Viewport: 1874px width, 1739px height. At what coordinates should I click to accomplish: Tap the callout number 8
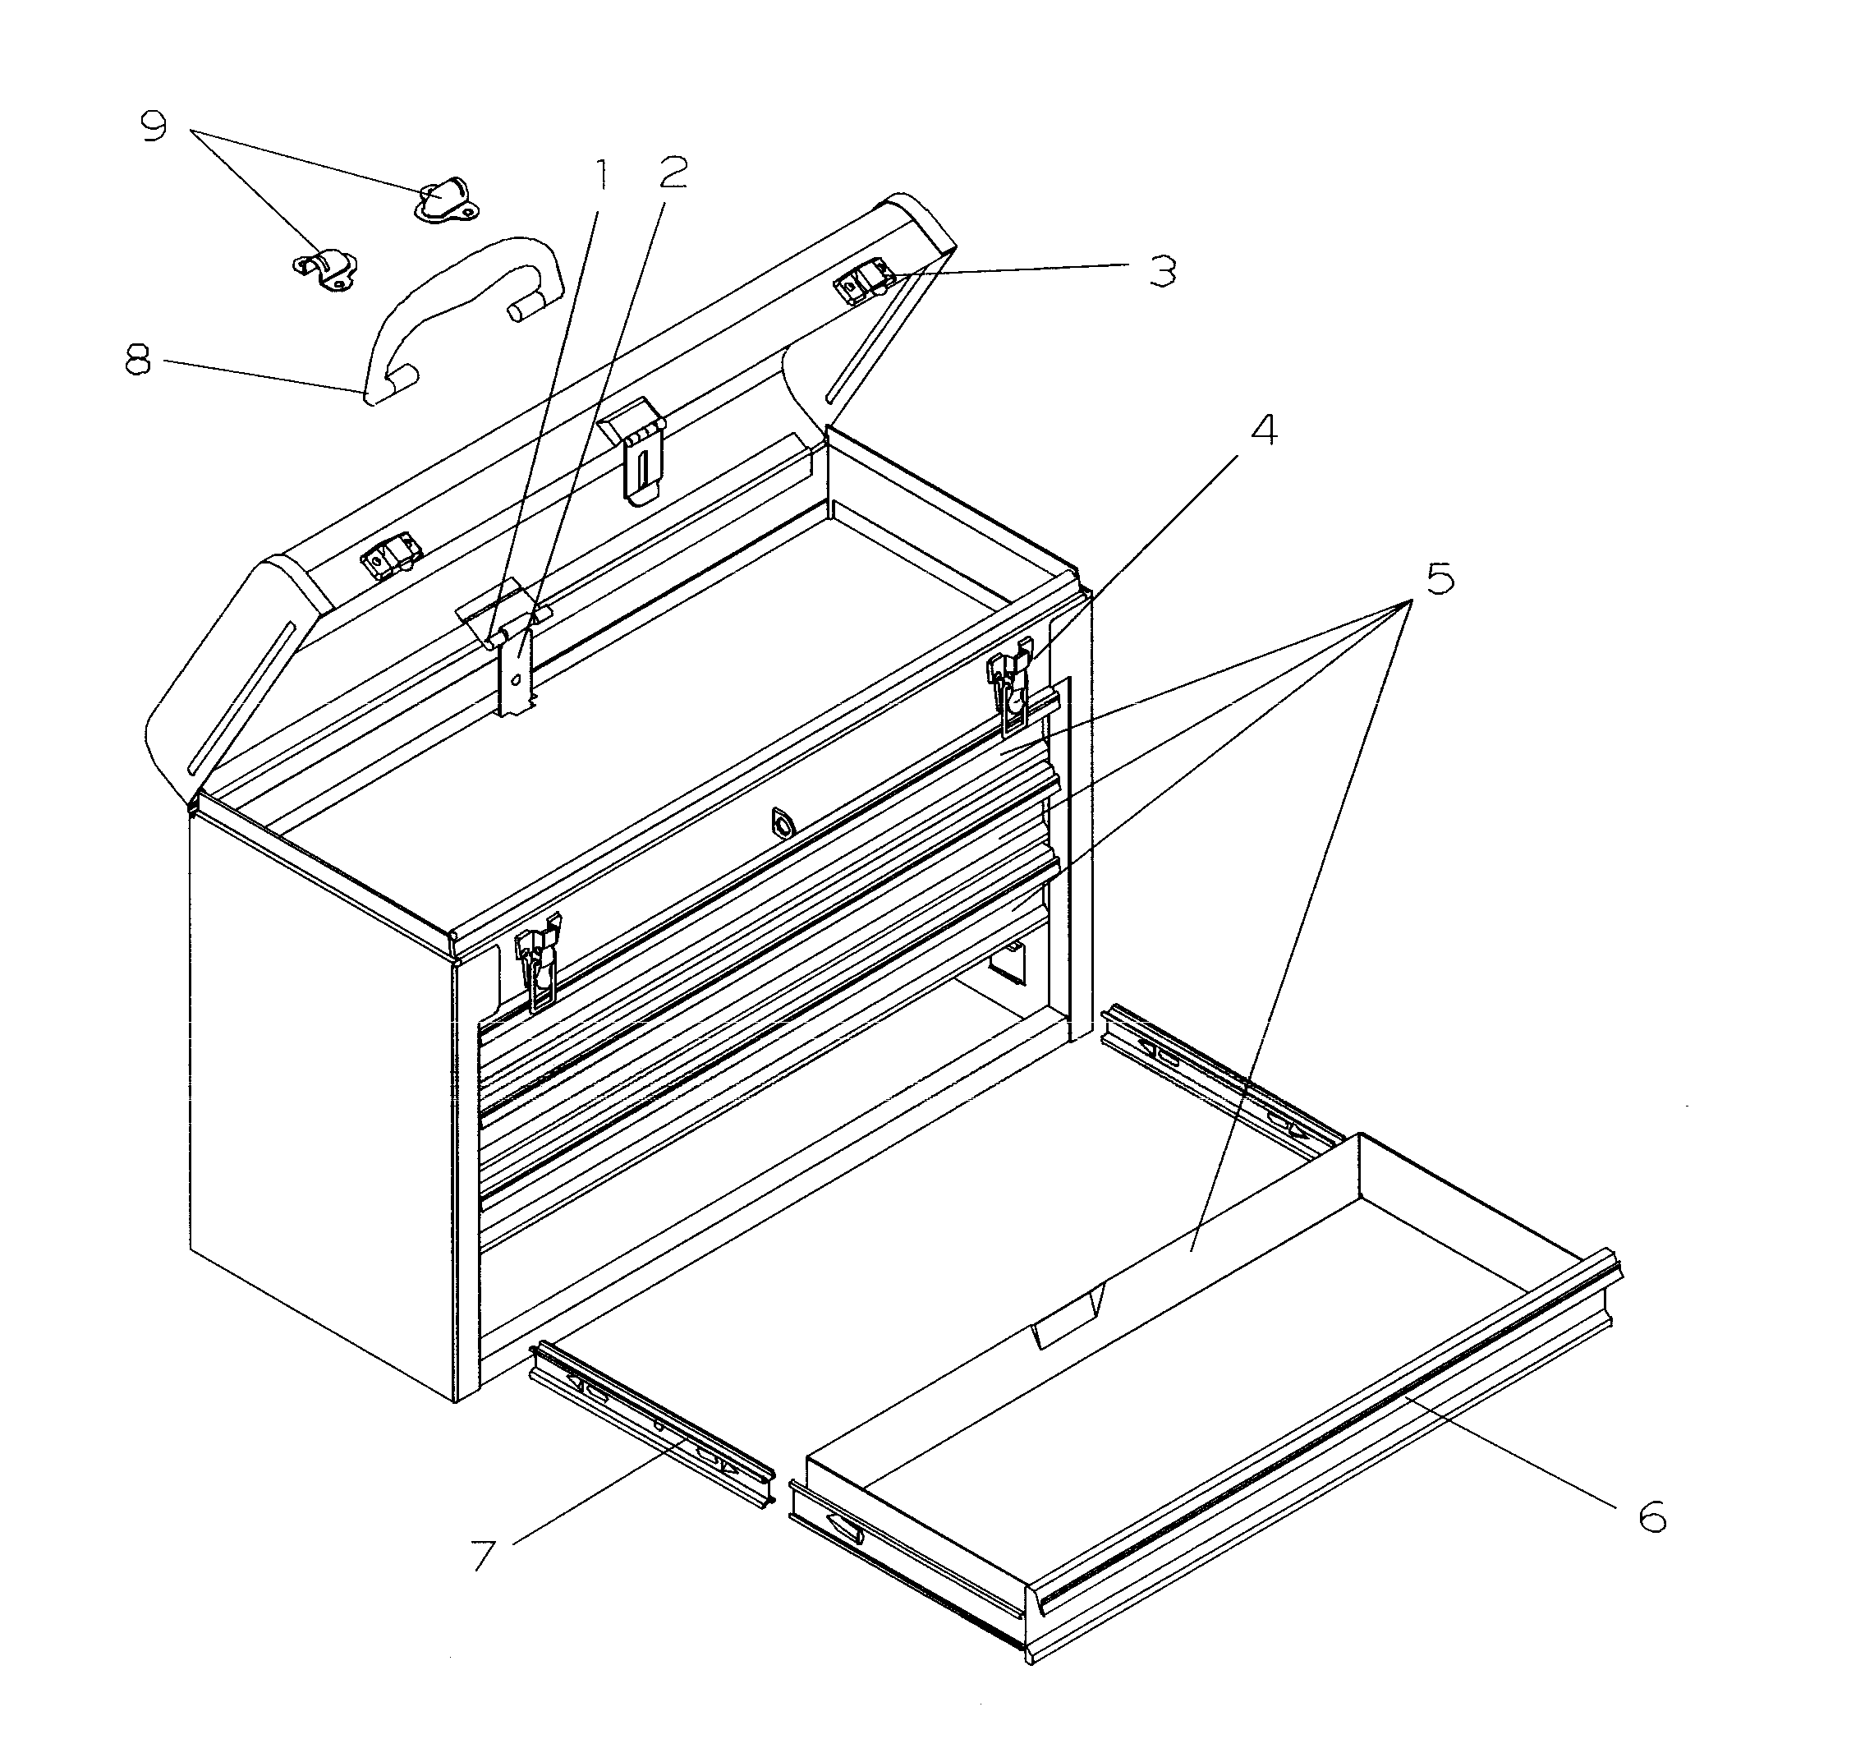(138, 361)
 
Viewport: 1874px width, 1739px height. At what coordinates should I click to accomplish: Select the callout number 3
(1163, 272)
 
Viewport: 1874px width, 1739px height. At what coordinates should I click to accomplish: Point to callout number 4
(1264, 430)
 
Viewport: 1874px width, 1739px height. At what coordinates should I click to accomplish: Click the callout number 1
(599, 174)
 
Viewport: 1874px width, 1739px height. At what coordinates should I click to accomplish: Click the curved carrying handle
(461, 301)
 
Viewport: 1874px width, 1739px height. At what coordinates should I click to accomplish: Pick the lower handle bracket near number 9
(324, 270)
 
